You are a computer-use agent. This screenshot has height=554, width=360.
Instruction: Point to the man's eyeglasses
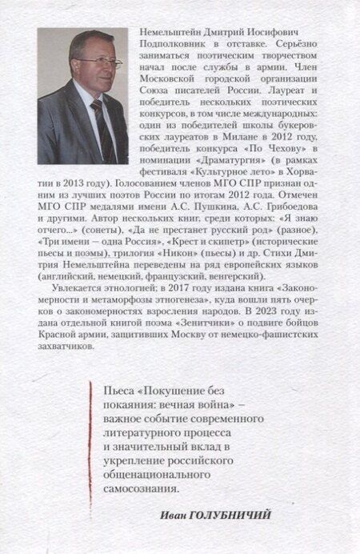tap(102, 62)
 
